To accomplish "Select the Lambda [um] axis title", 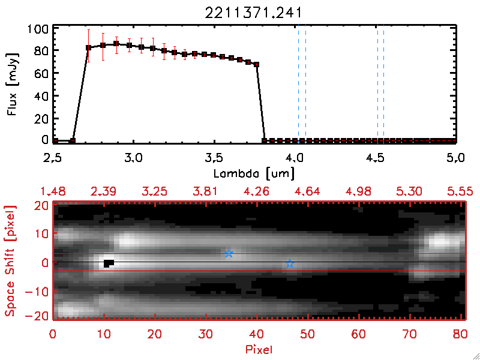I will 254,173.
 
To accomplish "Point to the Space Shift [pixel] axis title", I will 10,261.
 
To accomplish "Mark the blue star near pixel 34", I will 229,254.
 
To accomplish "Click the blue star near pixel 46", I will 290,264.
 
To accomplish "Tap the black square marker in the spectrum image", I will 108,263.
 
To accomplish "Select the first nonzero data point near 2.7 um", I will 88,47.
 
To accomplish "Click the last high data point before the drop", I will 256,64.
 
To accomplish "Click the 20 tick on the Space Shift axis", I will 40,205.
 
